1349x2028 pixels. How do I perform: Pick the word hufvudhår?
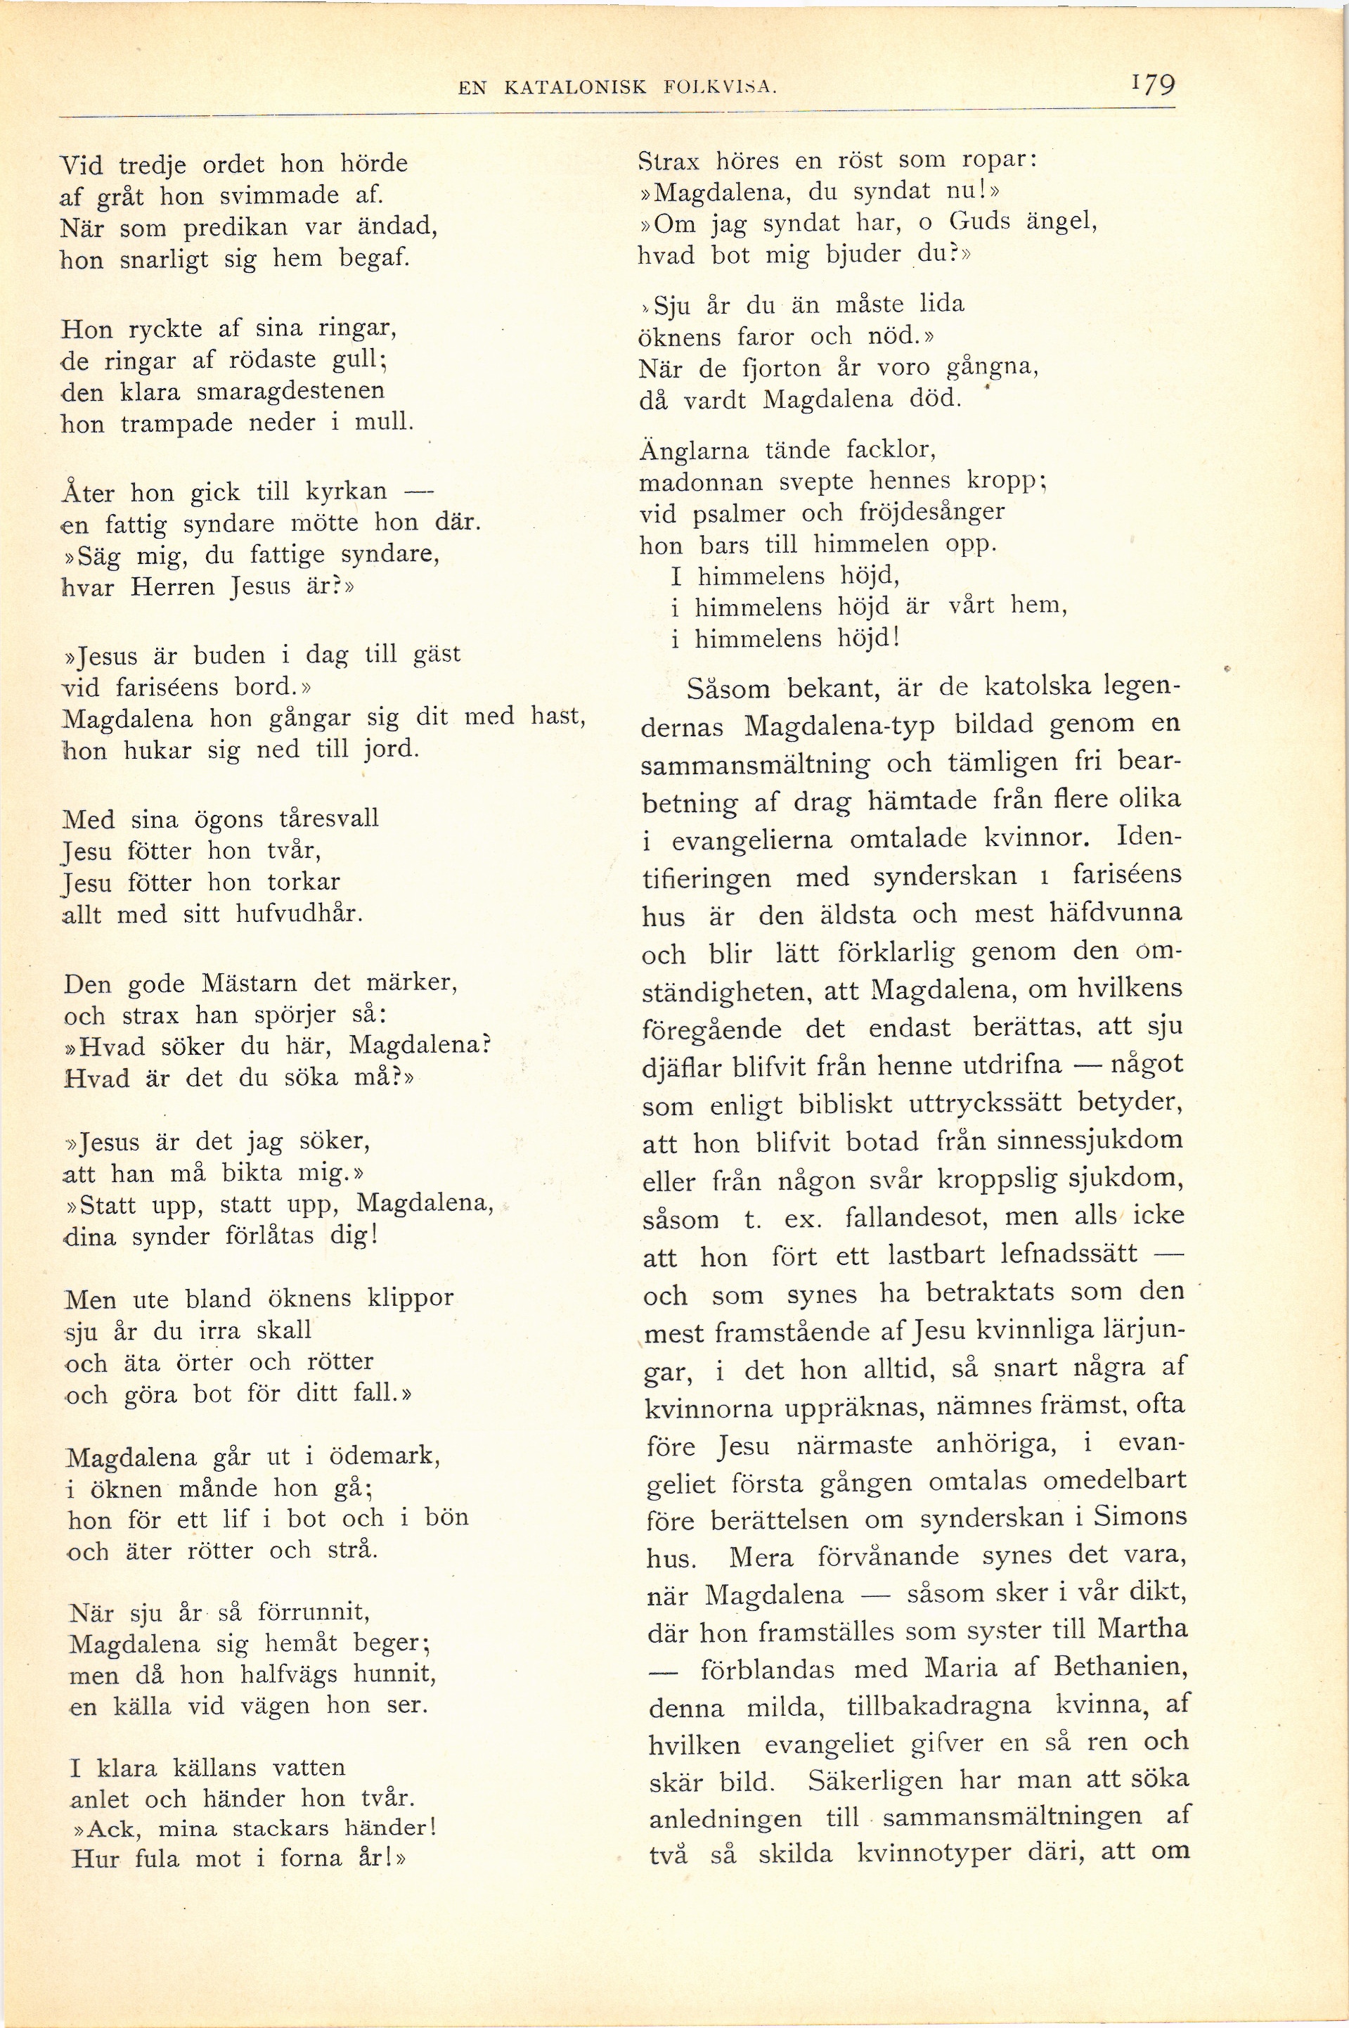(x=299, y=913)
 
